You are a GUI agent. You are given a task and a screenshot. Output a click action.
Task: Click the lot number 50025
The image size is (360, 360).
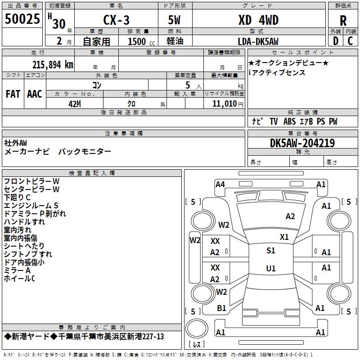tap(22, 19)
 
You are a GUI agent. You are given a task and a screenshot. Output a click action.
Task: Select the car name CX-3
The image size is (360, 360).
tap(116, 20)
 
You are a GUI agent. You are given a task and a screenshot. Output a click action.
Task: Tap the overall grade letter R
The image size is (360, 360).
tap(343, 21)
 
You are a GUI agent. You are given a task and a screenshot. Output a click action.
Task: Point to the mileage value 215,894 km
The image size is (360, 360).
tap(53, 65)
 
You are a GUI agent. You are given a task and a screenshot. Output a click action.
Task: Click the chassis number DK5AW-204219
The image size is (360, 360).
tap(302, 143)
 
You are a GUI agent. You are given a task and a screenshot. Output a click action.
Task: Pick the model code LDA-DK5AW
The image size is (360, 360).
tap(258, 41)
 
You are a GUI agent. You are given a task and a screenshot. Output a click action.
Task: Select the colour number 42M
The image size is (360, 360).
tap(75, 104)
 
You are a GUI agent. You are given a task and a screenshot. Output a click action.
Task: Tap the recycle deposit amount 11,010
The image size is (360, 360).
tap(224, 103)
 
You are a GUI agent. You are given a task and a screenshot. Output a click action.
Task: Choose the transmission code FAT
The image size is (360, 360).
tap(13, 94)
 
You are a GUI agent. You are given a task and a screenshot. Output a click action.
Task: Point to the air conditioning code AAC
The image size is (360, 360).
tap(35, 94)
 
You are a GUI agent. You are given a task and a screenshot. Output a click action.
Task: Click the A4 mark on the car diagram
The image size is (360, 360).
tap(220, 184)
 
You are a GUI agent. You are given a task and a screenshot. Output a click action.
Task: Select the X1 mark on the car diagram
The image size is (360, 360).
tap(284, 237)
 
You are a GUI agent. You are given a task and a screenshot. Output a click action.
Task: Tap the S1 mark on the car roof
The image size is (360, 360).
tap(271, 251)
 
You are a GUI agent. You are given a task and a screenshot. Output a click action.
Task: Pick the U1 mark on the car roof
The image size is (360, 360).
tap(271, 268)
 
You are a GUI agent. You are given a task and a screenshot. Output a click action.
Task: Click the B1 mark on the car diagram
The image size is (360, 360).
tap(221, 308)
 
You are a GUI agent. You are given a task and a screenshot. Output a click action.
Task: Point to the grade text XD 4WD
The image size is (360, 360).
tap(258, 20)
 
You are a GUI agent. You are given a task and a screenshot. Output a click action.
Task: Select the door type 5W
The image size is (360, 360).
tap(174, 20)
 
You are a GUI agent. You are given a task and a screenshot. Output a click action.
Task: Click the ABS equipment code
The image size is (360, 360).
tap(289, 121)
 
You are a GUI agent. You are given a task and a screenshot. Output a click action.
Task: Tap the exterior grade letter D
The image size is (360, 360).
tap(336, 41)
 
